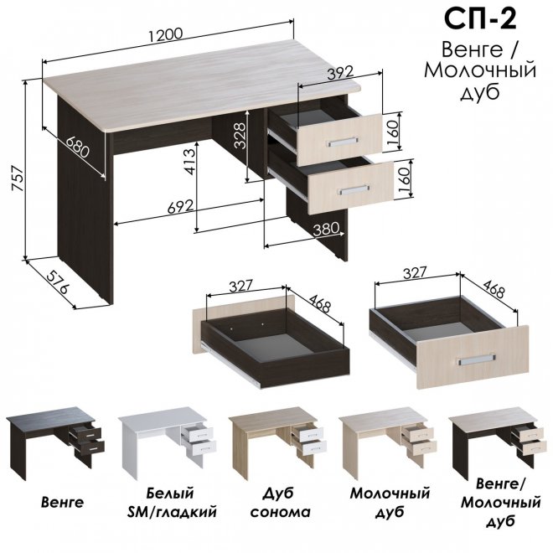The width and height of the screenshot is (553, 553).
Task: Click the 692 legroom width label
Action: pos(180,206)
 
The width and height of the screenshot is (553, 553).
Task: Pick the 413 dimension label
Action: pos(189,162)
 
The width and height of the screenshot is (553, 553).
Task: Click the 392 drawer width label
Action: pos(340,73)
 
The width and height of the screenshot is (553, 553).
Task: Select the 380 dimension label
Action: pos(326,229)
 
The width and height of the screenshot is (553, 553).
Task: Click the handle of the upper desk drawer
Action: pos(340,142)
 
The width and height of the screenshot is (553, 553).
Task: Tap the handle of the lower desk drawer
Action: pos(353,189)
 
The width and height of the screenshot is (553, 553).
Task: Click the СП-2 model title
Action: pos(479,19)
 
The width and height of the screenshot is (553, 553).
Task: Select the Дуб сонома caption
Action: pos(281,502)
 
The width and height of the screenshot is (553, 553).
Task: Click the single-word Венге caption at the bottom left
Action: pos(63,502)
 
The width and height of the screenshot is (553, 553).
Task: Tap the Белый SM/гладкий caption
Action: pos(172,502)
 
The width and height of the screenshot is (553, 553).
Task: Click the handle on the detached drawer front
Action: pos(477,359)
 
